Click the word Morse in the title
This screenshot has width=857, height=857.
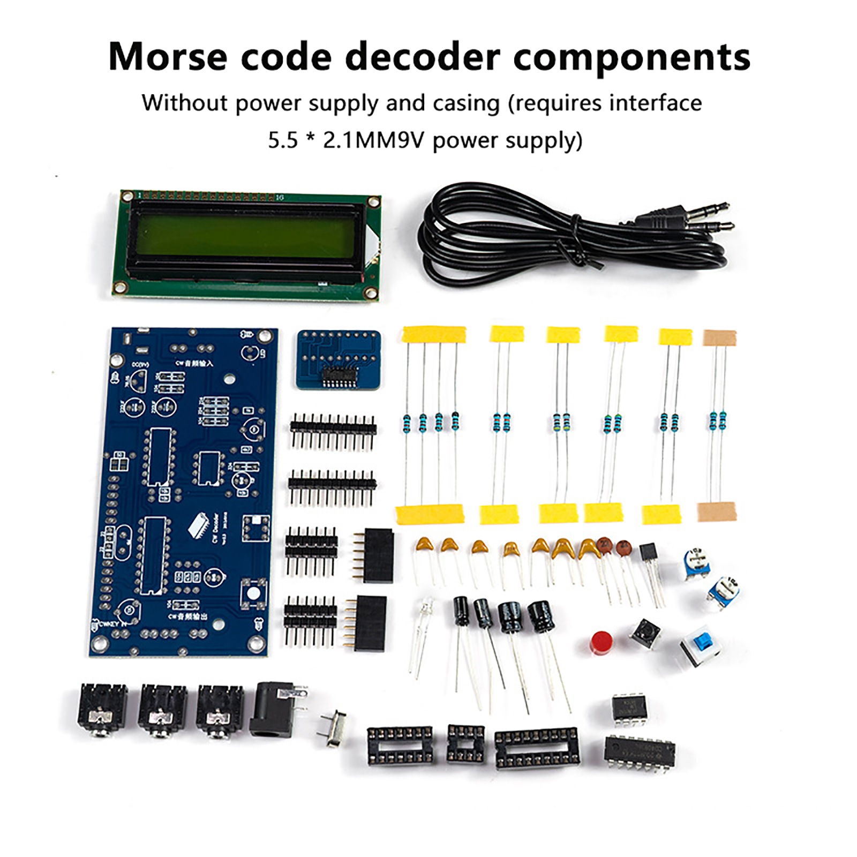168,57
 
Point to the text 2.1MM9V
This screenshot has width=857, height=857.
373,140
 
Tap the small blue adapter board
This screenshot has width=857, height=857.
339,359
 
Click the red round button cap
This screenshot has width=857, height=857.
602,643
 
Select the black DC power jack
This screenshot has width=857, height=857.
276,708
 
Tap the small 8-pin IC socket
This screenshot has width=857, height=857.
465,743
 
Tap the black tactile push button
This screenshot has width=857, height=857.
645,634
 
